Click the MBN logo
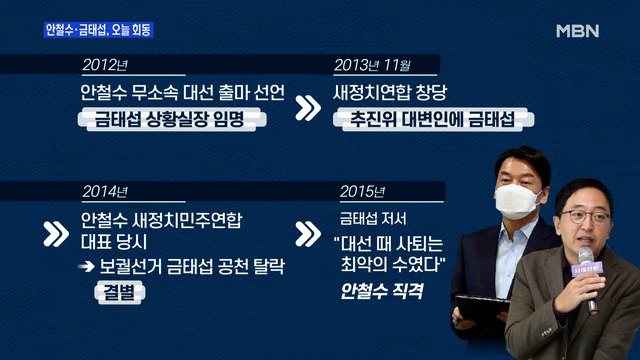tap(576, 30)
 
